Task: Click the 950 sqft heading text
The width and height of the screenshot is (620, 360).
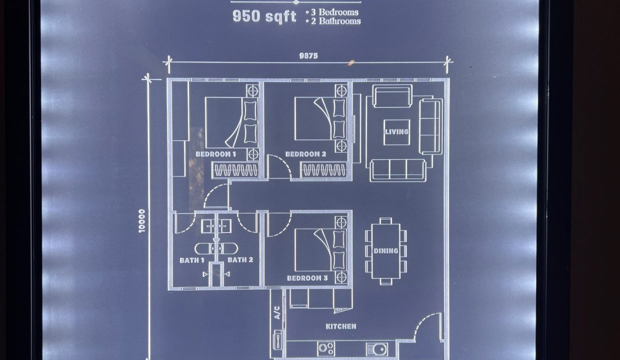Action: coord(264,16)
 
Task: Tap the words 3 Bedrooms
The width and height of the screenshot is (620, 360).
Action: coord(334,12)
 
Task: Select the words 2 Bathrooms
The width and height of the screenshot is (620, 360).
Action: coord(335,21)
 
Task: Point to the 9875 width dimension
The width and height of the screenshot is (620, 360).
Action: coord(308,56)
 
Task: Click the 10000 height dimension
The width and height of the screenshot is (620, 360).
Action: coord(141,220)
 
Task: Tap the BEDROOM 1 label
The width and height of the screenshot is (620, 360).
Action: coord(216,154)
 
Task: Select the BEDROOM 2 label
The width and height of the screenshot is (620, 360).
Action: coord(305,154)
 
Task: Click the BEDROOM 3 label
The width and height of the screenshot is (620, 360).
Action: coord(307,278)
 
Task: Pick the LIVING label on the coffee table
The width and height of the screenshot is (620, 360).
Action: coord(397,132)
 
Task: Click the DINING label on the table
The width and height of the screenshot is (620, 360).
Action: coord(386,251)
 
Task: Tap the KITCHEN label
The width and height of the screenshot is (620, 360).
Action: coord(341,326)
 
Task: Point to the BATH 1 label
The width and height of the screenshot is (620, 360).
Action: coord(192,260)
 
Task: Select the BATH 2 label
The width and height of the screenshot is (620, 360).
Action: coord(240,260)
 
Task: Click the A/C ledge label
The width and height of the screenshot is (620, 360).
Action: coord(277,312)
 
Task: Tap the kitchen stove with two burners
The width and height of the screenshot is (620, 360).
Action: coord(326,348)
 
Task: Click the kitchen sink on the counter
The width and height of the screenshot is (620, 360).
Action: coord(376,349)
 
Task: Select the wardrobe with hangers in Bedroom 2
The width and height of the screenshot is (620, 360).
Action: coord(324,170)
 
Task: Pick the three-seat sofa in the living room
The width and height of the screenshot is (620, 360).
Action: coord(397,170)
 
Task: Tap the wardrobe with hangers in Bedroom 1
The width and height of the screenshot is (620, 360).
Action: coord(235,170)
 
